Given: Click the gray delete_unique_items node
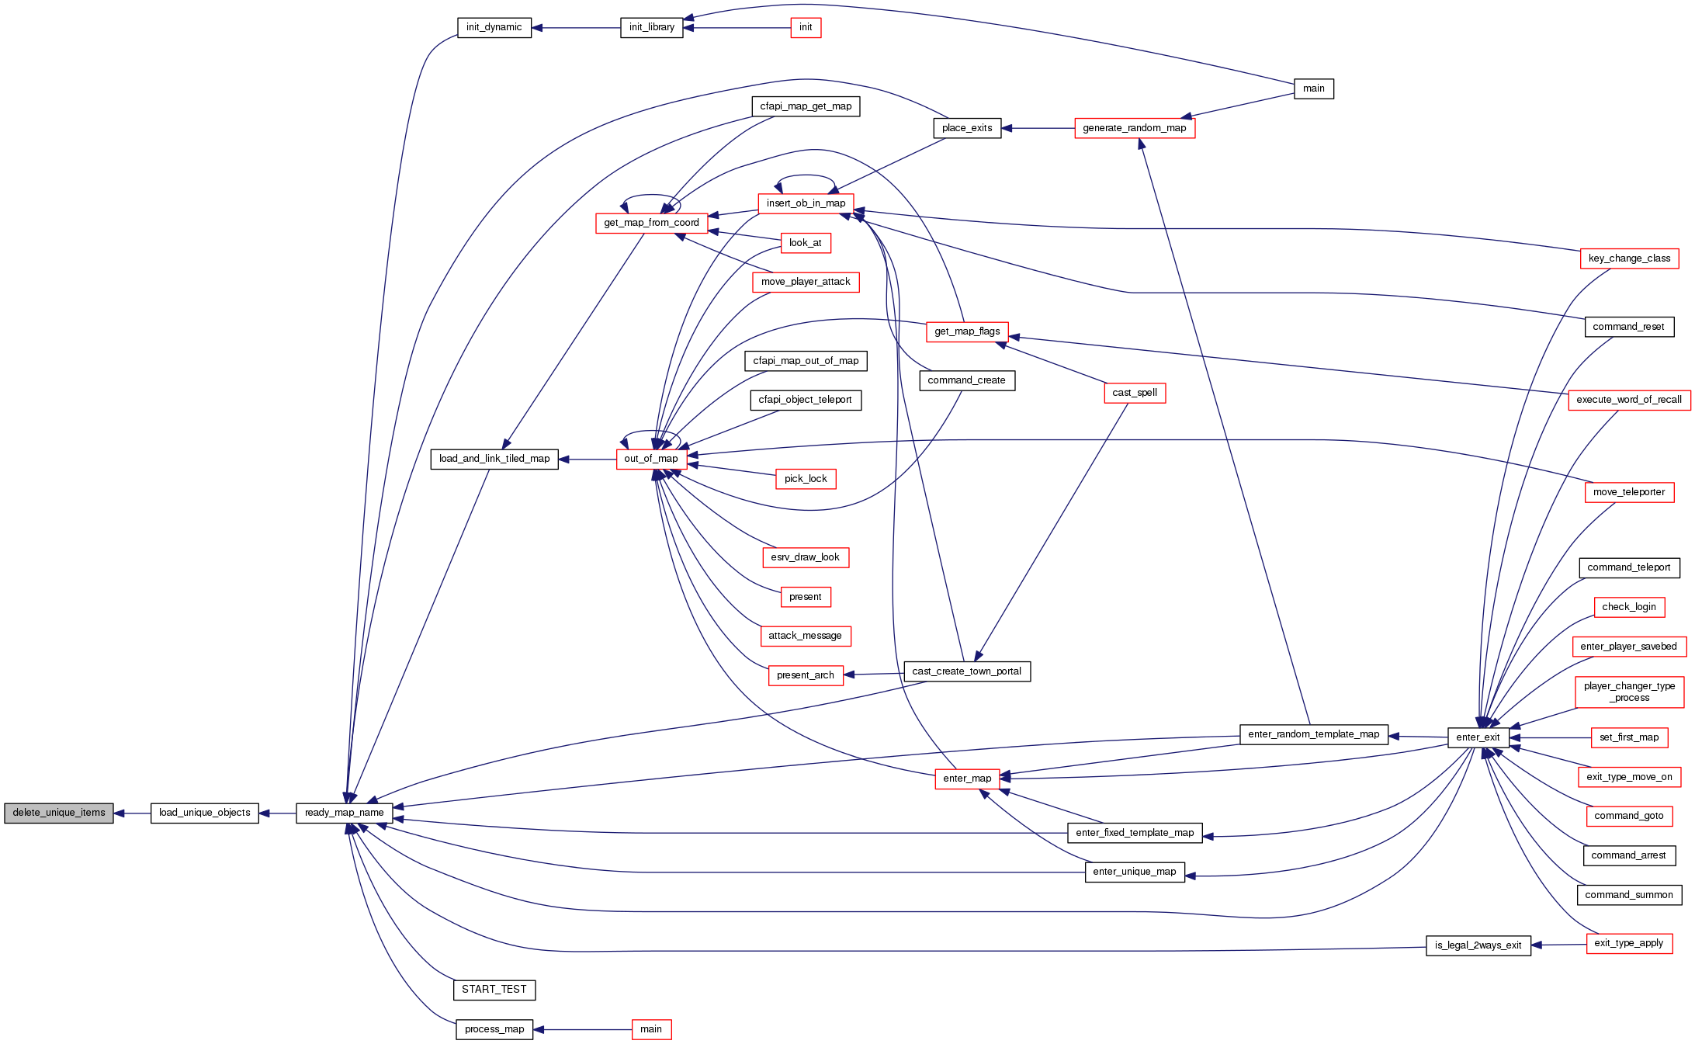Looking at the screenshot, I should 59,813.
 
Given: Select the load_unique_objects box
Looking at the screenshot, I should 204,813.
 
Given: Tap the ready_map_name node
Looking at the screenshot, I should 344,813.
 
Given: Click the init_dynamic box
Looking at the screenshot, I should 494,27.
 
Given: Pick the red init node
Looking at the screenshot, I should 806,27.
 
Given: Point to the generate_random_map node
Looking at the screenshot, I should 1134,128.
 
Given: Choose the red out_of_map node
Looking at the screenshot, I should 650,459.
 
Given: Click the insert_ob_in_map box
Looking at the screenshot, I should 806,203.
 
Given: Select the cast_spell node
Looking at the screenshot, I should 1134,393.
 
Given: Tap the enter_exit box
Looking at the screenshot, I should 1478,737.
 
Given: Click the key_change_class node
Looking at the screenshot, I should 1629,258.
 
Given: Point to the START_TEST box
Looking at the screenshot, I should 494,990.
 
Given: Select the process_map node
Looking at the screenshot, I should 494,1029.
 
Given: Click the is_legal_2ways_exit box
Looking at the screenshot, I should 1478,945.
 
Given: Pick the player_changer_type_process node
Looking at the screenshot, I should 1629,692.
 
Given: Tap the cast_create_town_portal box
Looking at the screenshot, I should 966,671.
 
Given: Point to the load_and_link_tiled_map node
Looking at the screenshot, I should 494,459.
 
